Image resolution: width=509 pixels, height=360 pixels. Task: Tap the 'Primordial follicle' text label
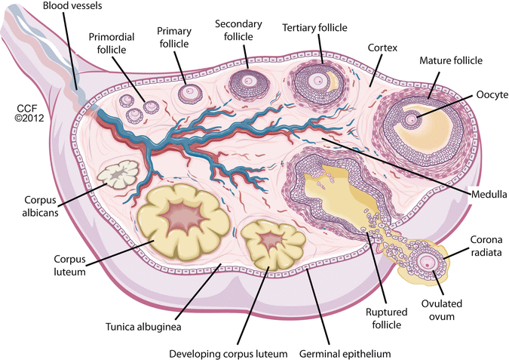coord(113,44)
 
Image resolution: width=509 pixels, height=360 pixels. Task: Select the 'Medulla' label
coord(486,192)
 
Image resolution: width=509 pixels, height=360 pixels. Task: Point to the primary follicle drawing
coord(189,94)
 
